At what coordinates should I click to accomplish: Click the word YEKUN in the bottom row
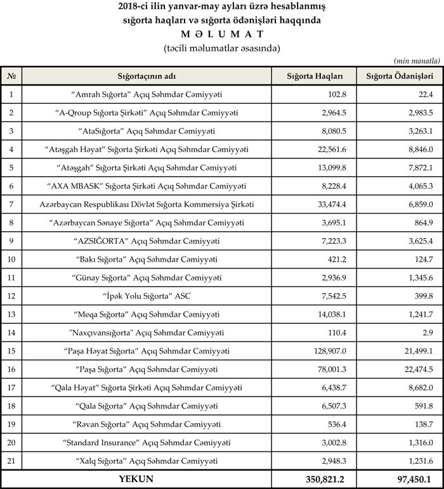pyautogui.click(x=136, y=479)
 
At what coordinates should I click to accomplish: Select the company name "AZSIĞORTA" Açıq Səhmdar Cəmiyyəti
pyautogui.click(x=147, y=241)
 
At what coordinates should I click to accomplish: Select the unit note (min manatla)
pyautogui.click(x=417, y=60)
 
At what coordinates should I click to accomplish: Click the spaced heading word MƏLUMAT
pyautogui.click(x=221, y=34)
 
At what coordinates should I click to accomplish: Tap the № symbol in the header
pyautogui.click(x=11, y=75)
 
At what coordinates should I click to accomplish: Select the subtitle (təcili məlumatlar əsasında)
pyautogui.click(x=221, y=48)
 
